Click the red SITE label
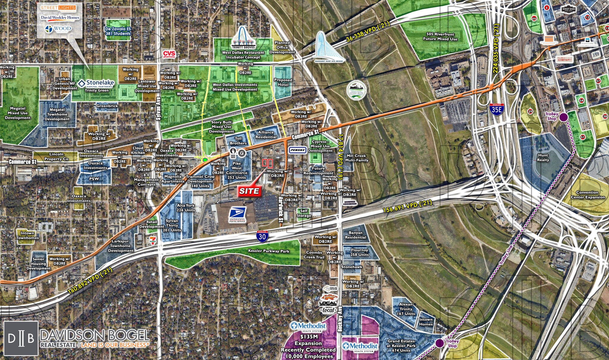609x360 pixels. pos(249,191)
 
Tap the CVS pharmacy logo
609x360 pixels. pos(169,54)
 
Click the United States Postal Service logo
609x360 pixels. pos(237,215)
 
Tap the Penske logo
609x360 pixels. pos(298,150)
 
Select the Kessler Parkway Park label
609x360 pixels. pos(269,251)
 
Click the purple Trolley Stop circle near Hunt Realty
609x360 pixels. pos(563,117)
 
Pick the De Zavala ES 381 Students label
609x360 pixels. pos(118,31)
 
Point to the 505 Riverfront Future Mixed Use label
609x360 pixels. pos(440,37)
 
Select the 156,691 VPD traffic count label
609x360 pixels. pos(407,206)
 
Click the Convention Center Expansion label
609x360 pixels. pos(588,195)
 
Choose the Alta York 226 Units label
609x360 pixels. pos(186,208)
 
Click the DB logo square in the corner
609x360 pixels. pos(21,338)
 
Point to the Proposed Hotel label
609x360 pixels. pos(283,82)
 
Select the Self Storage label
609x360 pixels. pos(304,213)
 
